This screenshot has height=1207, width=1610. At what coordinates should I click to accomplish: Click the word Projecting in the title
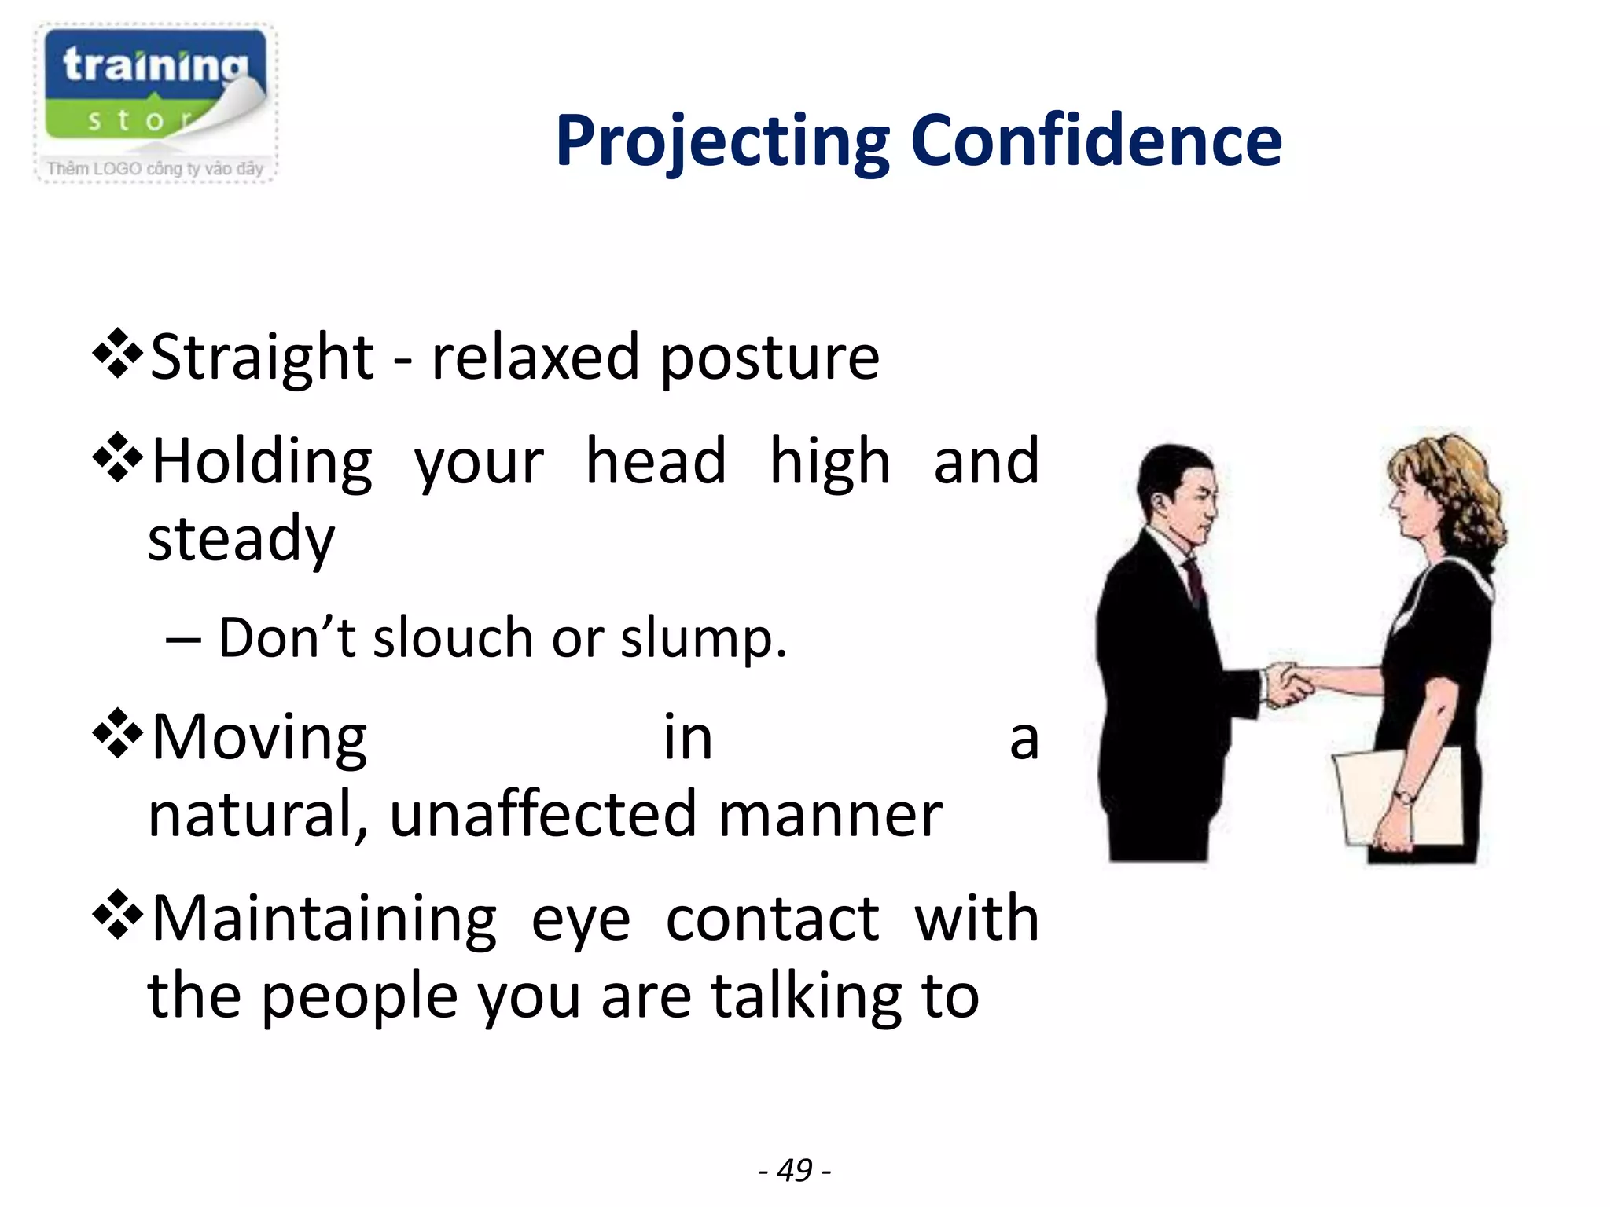(722, 141)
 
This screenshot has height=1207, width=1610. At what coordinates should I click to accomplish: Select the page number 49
(794, 1170)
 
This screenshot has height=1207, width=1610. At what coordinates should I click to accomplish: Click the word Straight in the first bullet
(262, 358)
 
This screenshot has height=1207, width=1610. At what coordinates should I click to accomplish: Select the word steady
(241, 540)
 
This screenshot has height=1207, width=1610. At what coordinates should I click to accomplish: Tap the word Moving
(259, 739)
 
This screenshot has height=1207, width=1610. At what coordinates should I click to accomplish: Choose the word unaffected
(542, 815)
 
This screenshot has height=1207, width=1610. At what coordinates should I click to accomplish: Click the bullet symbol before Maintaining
(118, 915)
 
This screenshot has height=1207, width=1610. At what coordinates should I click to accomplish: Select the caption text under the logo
(155, 168)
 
